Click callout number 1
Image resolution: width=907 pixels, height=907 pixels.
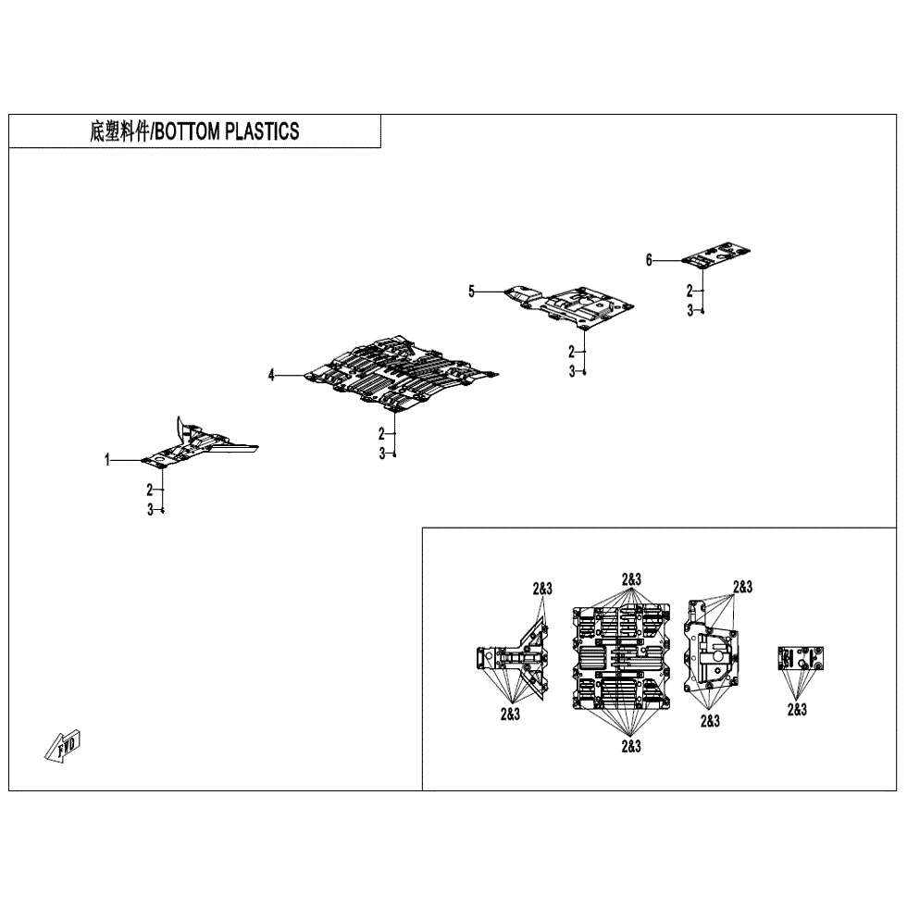point(107,459)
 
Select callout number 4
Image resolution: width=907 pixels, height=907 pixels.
point(271,375)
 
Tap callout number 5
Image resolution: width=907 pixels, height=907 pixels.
point(471,292)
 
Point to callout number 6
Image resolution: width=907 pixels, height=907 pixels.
point(649,260)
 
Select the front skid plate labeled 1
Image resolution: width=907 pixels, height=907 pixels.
point(199,447)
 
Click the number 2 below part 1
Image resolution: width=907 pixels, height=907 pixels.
point(149,491)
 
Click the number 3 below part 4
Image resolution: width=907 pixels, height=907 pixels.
point(380,453)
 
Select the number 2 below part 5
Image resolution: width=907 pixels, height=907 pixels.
point(571,351)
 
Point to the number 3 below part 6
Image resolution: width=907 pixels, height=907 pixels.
point(690,311)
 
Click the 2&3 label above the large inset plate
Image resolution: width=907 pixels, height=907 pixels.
point(630,580)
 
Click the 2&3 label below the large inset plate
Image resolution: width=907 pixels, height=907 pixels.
point(630,745)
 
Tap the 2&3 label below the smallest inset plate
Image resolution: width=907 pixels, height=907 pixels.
point(796,710)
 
